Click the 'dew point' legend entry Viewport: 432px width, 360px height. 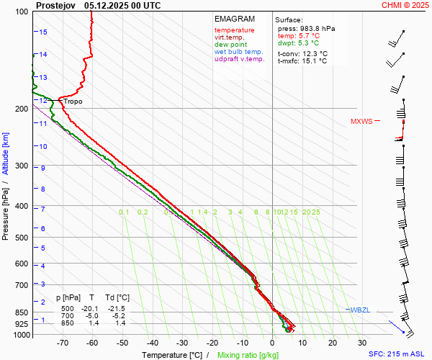(230, 45)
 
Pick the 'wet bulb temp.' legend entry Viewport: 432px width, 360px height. (239, 52)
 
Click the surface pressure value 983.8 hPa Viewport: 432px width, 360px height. (307, 28)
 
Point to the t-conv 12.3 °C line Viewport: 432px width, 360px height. (302, 53)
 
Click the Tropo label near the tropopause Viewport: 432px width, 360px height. (73, 102)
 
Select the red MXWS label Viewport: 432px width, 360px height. (361, 122)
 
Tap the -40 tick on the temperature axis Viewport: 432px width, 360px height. (152, 343)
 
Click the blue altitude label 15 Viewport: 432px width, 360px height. (43, 32)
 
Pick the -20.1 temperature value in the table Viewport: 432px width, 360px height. (93, 307)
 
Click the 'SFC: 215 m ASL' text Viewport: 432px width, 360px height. (398, 354)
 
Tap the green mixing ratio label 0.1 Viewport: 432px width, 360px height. (124, 212)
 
